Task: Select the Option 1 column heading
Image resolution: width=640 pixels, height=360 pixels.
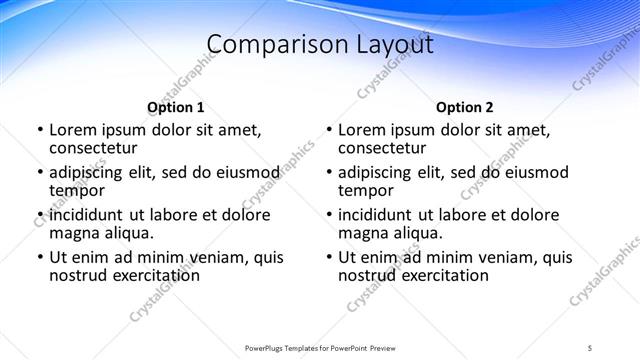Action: point(176,107)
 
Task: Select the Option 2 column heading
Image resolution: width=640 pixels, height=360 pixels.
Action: point(465,107)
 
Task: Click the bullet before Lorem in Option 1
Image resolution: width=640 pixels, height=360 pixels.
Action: point(40,130)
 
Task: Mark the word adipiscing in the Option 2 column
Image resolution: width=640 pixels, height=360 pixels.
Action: point(381,172)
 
